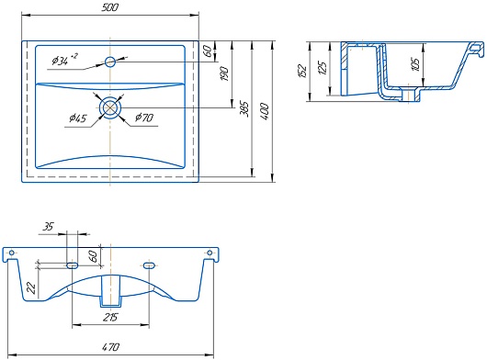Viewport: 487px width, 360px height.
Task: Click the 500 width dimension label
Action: [110, 7]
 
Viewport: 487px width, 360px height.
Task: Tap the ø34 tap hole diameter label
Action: [64, 60]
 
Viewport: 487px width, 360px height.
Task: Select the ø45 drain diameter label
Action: [78, 118]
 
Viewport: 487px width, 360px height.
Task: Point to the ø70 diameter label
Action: [144, 118]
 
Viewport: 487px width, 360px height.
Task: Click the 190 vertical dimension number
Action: [224, 73]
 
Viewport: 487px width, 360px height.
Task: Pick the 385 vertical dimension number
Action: [244, 109]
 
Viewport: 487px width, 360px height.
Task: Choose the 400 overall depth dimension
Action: [264, 112]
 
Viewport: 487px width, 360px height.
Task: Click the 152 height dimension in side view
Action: [302, 71]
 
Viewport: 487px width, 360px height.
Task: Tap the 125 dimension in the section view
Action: [323, 68]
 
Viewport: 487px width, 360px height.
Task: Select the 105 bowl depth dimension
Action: [415, 64]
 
